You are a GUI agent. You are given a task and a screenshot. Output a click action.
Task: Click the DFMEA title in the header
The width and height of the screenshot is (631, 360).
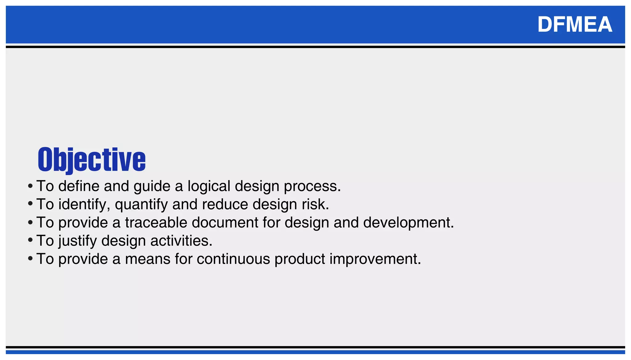575,24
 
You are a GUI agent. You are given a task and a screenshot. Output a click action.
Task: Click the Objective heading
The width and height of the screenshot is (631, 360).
92,160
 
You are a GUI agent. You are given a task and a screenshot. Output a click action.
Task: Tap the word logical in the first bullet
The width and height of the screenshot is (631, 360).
209,186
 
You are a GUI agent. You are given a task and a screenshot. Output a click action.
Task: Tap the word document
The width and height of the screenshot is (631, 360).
225,222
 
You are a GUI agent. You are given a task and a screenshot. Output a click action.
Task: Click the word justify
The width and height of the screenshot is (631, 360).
78,241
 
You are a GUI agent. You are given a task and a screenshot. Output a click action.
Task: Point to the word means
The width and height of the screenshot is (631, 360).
148,259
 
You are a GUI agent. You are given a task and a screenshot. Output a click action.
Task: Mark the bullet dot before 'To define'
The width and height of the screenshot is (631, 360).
30,186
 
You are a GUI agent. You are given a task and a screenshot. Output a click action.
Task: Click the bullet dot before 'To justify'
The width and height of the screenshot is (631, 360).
30,240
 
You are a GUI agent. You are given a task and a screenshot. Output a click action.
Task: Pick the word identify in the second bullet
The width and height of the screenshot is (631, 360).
84,204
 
